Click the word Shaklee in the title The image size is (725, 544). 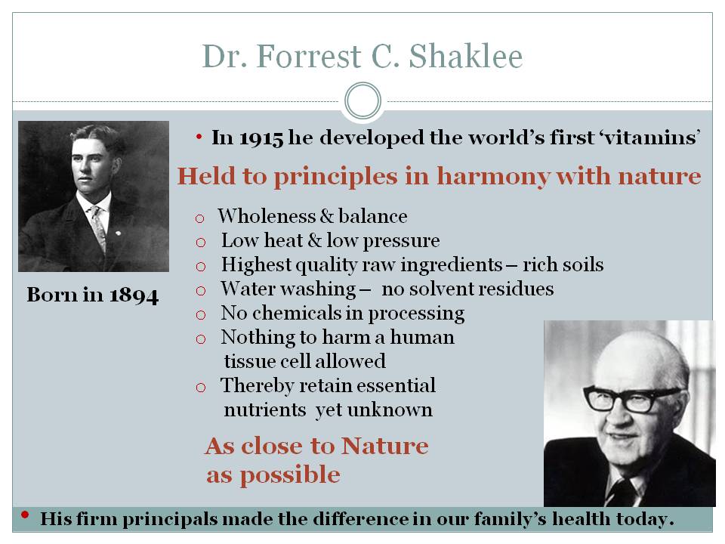click(466, 57)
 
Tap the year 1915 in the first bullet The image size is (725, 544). click(261, 138)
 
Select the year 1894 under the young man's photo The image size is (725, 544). click(134, 295)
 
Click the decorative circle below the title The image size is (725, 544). click(363, 100)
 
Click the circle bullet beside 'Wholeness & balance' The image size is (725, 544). click(199, 218)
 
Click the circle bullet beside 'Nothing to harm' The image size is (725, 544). click(201, 339)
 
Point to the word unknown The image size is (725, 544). click(390, 410)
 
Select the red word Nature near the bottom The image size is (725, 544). click(384, 447)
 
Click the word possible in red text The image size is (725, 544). click(290, 475)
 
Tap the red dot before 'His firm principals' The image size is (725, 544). click(25, 515)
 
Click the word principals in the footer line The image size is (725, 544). click(170, 520)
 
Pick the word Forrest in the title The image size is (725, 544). click(308, 57)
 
